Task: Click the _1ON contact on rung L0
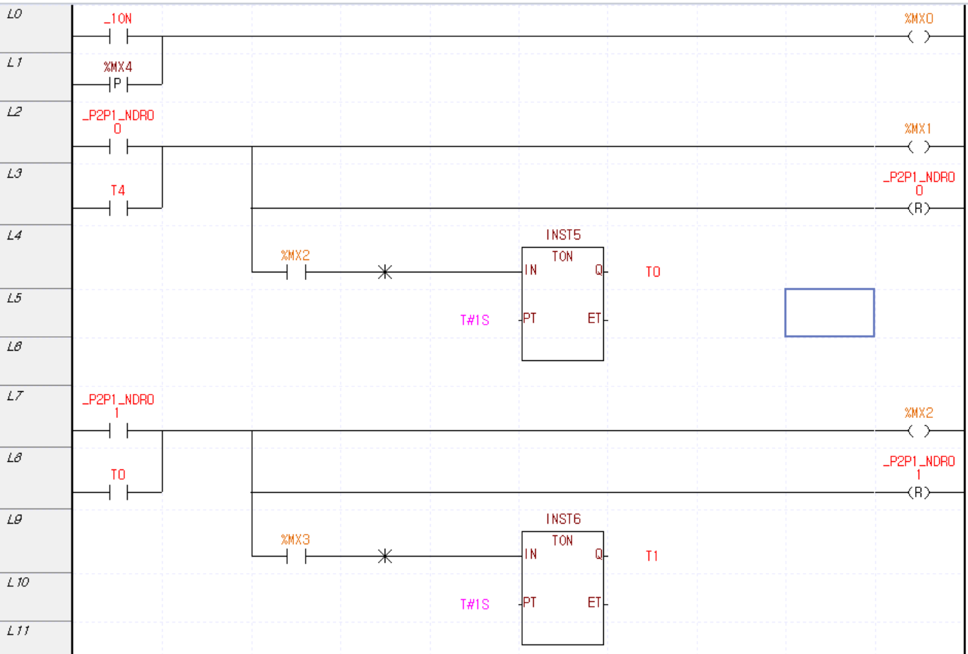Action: pyautogui.click(x=118, y=36)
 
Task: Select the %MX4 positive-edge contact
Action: pyautogui.click(x=118, y=84)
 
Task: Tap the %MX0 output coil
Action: pyautogui.click(x=919, y=36)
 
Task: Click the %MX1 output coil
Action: pyautogui.click(x=919, y=146)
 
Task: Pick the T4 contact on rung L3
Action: pyautogui.click(x=118, y=208)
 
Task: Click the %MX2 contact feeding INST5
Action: pyautogui.click(x=296, y=272)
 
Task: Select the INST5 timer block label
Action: pyautogui.click(x=563, y=235)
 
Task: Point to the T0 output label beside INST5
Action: pyautogui.click(x=653, y=272)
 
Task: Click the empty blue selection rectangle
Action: pyautogui.click(x=829, y=312)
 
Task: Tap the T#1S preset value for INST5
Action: pyautogui.click(x=475, y=320)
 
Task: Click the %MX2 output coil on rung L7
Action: pyautogui.click(x=919, y=430)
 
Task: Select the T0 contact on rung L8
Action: pyautogui.click(x=118, y=492)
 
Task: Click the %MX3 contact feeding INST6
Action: pyautogui.click(x=296, y=556)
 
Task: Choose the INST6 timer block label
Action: pyautogui.click(x=563, y=519)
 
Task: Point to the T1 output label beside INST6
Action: pyautogui.click(x=652, y=556)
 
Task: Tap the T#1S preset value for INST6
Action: pyautogui.click(x=475, y=604)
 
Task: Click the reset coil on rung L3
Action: pyautogui.click(x=919, y=208)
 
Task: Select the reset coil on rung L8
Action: pyautogui.click(x=919, y=492)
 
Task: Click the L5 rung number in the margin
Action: pyautogui.click(x=14, y=298)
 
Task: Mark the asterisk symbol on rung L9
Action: pyautogui.click(x=385, y=556)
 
